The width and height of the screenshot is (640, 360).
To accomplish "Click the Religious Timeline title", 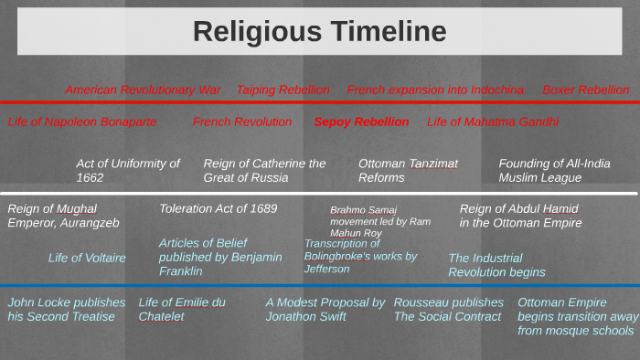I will click(x=319, y=32).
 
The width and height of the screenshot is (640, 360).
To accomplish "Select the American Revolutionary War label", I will click(x=143, y=90).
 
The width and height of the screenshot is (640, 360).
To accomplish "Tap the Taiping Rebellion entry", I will click(x=283, y=90).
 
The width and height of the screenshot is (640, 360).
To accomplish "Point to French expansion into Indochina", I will click(x=435, y=90).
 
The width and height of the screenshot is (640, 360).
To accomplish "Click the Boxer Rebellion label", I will click(x=585, y=90).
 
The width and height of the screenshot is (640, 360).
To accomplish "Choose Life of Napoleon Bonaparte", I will click(x=82, y=122).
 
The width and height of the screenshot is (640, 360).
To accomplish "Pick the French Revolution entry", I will click(x=242, y=122).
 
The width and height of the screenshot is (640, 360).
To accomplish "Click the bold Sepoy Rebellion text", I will click(x=361, y=122).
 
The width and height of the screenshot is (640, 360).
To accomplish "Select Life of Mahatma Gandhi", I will click(x=492, y=122).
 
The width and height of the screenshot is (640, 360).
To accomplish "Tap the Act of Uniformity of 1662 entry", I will click(x=128, y=171).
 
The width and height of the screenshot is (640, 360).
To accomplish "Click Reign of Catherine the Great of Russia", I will click(x=264, y=171).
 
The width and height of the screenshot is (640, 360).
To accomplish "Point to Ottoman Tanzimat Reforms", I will click(x=408, y=171).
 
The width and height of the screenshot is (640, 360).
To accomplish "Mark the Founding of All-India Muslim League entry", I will click(x=554, y=171).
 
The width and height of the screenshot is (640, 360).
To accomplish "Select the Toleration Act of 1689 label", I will click(x=218, y=208).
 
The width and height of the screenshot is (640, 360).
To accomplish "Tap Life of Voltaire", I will click(x=87, y=258).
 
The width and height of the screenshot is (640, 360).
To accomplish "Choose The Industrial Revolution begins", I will click(x=496, y=265).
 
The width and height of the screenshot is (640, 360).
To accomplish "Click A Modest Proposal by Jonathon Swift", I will click(x=325, y=309).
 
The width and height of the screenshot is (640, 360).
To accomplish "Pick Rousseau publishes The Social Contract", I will click(x=448, y=309).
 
